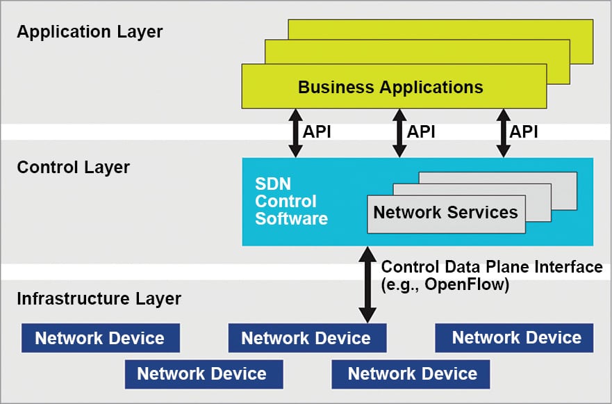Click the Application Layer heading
coord(90,32)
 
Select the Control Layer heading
coord(73,168)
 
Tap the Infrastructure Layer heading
coord(99,299)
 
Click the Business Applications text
coord(390,88)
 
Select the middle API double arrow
coord(399,132)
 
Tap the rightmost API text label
coord(524,131)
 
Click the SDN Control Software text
coord(290,202)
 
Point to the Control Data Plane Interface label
coord(492,267)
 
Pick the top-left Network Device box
coord(100,338)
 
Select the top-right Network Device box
coord(515,337)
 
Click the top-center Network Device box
coord(306,338)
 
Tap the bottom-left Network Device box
coord(202,373)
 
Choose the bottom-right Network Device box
coord(412,373)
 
